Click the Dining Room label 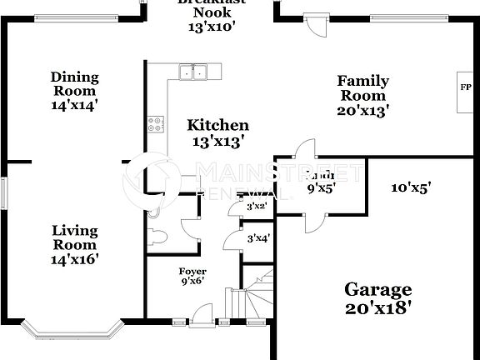[x=74, y=77]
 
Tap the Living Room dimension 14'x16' [x=75, y=259]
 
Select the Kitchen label [x=217, y=125]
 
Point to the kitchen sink [x=195, y=72]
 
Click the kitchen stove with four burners [x=156, y=125]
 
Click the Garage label [x=378, y=290]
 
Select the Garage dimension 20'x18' [x=378, y=307]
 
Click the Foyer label [x=192, y=272]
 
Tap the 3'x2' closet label [x=256, y=206]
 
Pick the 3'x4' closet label [x=257, y=239]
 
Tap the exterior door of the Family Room [x=315, y=25]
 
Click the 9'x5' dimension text [x=320, y=188]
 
